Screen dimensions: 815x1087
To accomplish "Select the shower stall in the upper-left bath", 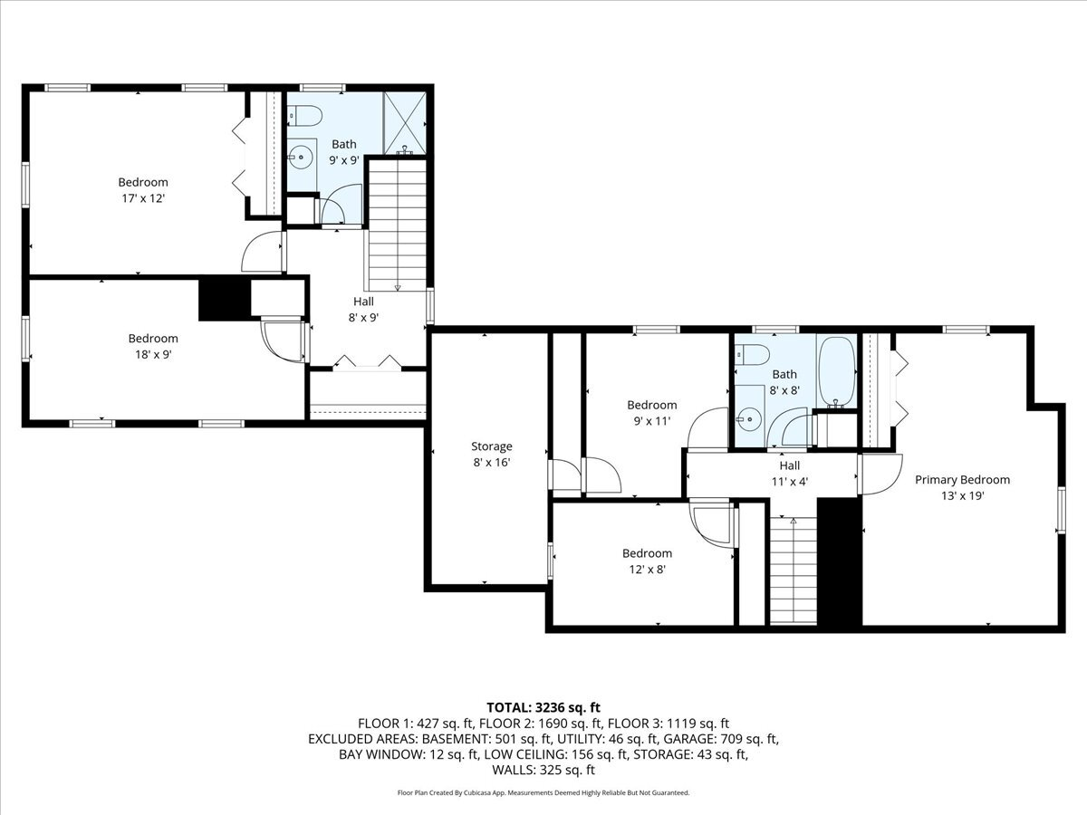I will (404, 121).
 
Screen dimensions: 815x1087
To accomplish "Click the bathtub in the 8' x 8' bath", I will (836, 370).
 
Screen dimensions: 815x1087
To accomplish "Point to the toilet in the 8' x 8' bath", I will (751, 353).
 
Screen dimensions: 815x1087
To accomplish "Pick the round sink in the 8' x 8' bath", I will (749, 417).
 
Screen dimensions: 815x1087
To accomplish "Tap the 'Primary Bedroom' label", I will (962, 480).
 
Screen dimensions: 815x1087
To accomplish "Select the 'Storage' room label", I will (491, 446).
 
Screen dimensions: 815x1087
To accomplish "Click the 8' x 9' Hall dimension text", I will (363, 317).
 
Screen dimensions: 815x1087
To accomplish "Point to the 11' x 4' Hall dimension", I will (789, 482).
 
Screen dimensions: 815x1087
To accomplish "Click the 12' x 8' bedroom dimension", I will (647, 570).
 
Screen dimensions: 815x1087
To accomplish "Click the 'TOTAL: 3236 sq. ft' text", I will (543, 707).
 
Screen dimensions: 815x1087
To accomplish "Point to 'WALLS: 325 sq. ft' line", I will (543, 770).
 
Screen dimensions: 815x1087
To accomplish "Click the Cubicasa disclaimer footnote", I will (543, 792).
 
